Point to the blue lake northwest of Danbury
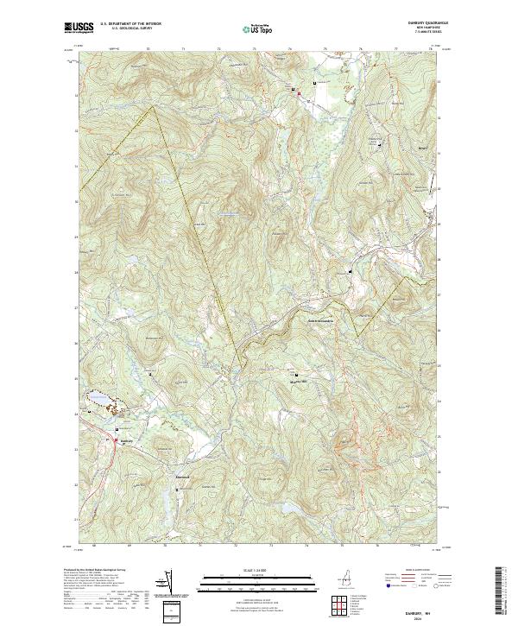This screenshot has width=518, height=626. pos(98,399)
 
